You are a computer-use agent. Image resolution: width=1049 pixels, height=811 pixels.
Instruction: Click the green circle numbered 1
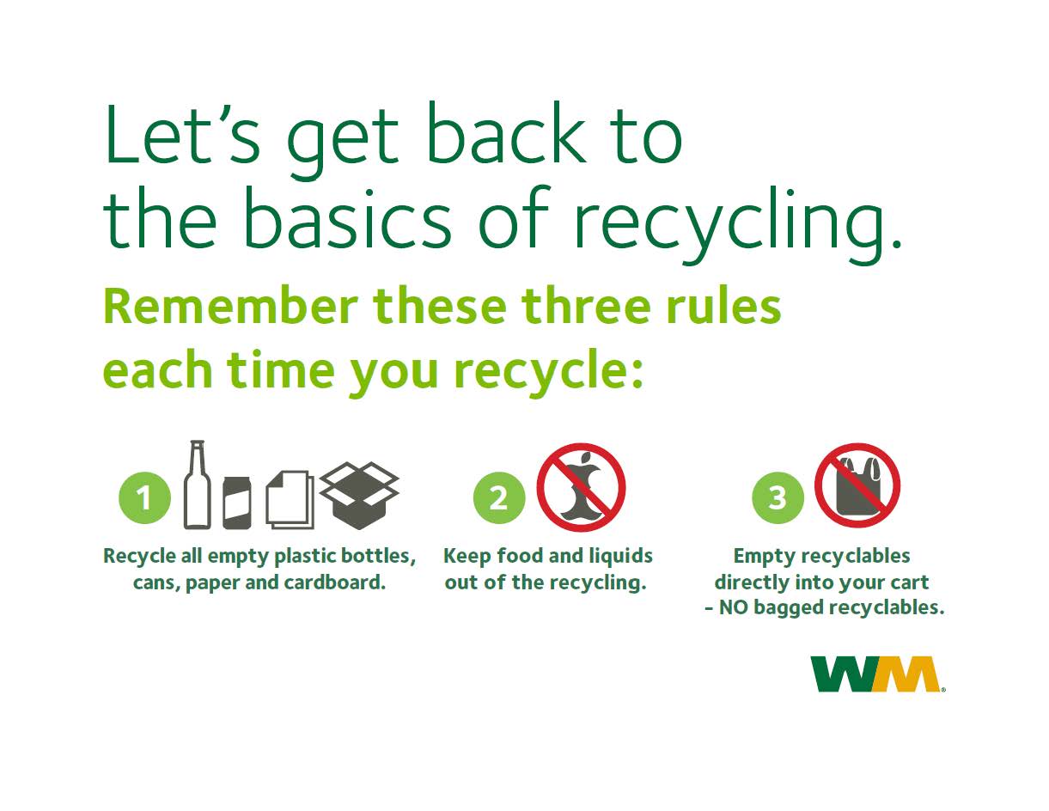[x=144, y=497]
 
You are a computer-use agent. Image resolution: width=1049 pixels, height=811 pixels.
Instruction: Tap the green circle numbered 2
[x=499, y=497]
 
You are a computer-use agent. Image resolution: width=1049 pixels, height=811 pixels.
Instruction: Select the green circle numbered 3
[x=777, y=497]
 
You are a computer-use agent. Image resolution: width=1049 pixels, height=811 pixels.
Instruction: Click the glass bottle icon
[x=197, y=485]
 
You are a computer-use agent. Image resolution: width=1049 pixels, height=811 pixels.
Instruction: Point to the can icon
[x=236, y=503]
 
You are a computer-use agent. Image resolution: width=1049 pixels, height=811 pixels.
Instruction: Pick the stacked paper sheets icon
[x=290, y=499]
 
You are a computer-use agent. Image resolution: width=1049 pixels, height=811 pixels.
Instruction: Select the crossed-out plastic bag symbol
[x=857, y=485]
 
